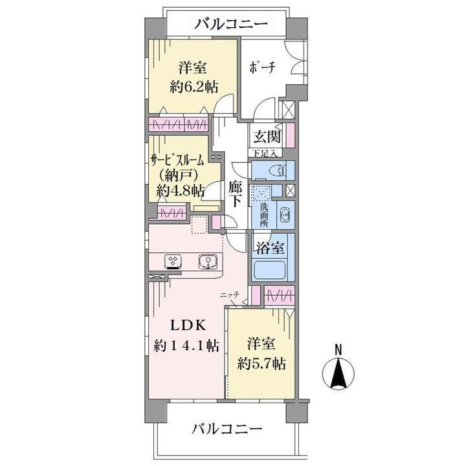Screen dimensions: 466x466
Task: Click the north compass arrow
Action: [x=337, y=375]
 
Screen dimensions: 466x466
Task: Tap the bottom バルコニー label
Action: [x=227, y=429]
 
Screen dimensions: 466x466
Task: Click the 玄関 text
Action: [x=266, y=138]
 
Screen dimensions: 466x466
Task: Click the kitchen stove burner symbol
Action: [x=173, y=261]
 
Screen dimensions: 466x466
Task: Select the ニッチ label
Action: [x=230, y=294]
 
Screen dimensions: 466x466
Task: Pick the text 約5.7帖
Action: [x=261, y=363]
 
